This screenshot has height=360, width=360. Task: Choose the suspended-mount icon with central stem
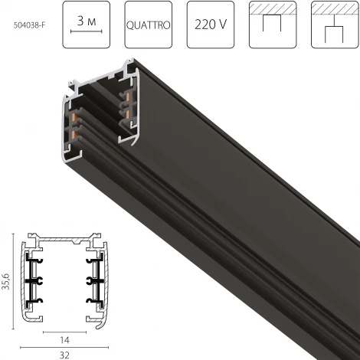click(x=335, y=25)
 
